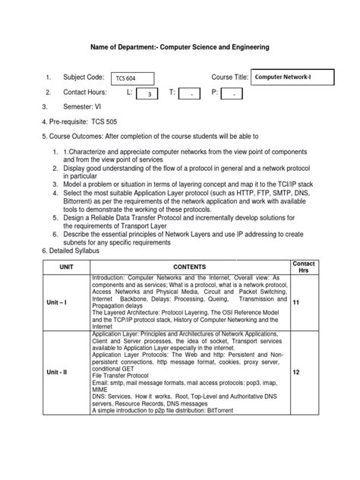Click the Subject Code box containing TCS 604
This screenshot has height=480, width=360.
132,78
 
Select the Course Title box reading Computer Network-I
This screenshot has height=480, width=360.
286,77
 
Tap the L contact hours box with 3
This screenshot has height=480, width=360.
150,94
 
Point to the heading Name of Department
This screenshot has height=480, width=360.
179,47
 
